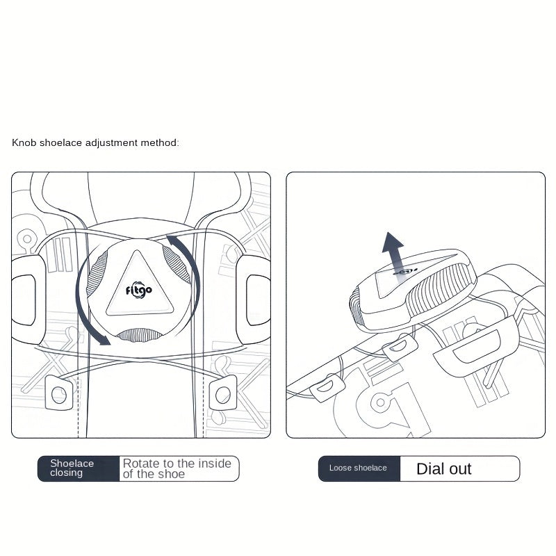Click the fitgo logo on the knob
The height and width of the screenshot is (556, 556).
(139, 291)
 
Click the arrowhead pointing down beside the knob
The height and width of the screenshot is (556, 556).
(104, 340)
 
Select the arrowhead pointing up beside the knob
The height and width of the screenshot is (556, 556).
(172, 240)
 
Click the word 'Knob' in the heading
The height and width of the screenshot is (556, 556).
(24, 142)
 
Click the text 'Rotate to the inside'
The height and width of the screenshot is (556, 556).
(177, 463)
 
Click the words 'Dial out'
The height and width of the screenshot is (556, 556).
(443, 468)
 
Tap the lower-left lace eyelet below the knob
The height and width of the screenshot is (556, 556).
(59, 393)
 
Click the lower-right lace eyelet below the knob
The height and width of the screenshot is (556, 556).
(223, 393)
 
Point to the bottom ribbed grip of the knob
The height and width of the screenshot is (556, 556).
(139, 335)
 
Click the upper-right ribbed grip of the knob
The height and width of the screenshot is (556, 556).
(177, 265)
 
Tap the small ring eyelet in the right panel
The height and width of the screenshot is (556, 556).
(380, 402)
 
